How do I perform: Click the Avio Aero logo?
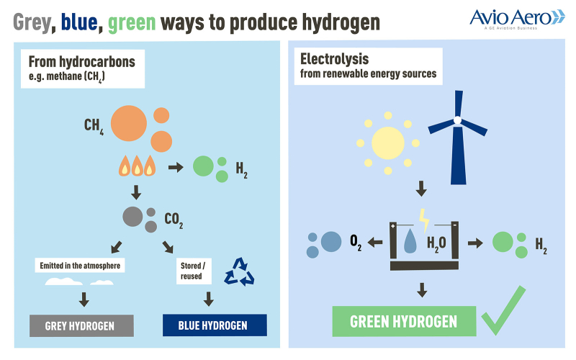(517, 19)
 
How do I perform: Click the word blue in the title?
(79, 22)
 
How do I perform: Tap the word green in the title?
(132, 23)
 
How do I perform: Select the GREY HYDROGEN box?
(81, 326)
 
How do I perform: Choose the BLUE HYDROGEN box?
(215, 325)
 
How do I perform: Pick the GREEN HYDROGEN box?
(404, 321)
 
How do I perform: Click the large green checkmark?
(503, 310)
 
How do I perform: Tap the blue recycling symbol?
(239, 272)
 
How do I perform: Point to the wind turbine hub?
(457, 120)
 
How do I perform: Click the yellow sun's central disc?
(388, 143)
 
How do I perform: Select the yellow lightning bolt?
(424, 221)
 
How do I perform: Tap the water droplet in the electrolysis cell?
(410, 241)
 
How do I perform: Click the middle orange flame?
(137, 166)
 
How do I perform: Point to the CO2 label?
(174, 220)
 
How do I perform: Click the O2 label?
(356, 243)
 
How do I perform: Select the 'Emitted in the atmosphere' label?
(80, 266)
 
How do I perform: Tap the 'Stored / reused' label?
(194, 271)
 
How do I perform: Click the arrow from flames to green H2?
(176, 168)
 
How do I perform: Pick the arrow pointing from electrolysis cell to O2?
(375, 242)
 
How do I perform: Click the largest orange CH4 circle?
(129, 123)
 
